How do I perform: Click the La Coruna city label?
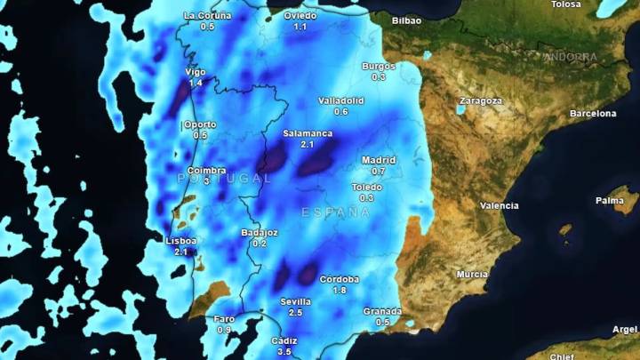point(207,16)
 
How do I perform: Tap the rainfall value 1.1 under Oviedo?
point(300,28)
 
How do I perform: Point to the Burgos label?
point(379,66)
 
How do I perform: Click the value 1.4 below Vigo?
point(196,83)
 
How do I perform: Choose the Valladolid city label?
point(340,100)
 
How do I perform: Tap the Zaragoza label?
point(481,100)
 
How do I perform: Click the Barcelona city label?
point(593,114)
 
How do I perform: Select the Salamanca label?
point(308,133)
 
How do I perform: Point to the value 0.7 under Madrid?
point(379,172)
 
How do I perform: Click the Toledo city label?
point(366,188)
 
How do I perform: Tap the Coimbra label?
point(206,170)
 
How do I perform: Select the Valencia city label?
point(500,205)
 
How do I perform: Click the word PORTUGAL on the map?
point(224,179)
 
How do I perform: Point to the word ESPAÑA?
point(335,212)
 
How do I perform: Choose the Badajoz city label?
point(260,233)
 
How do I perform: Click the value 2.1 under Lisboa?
point(181,252)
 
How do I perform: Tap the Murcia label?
point(472,274)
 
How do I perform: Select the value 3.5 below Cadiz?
point(285,352)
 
